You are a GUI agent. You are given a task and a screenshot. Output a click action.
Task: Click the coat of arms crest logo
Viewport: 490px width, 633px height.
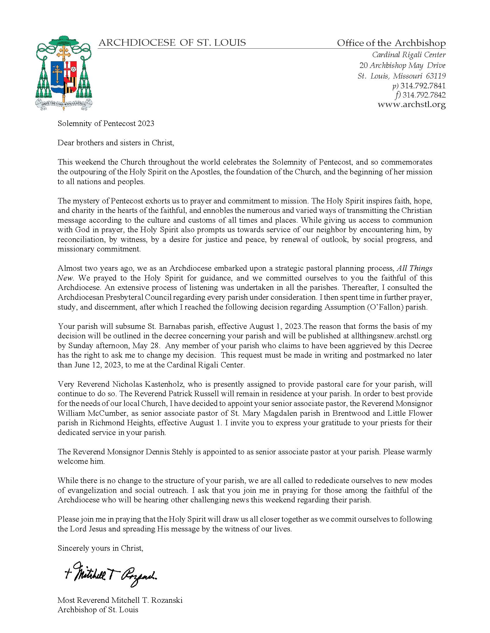click(64, 73)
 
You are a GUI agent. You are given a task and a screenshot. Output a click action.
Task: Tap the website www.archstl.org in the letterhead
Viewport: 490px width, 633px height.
click(411, 105)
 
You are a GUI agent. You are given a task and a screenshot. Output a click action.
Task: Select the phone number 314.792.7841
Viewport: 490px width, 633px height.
click(423, 86)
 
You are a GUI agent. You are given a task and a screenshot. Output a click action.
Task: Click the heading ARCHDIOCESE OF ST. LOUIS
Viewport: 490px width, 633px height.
click(172, 43)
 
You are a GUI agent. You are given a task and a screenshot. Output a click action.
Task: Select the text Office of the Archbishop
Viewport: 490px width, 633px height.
click(391, 43)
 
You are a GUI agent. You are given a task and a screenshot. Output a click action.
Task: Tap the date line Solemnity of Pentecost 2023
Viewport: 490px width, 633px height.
click(106, 123)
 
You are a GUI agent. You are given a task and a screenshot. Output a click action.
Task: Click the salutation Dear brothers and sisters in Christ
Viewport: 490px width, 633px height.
click(116, 143)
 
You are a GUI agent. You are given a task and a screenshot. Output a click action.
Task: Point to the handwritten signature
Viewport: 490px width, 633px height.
click(110, 576)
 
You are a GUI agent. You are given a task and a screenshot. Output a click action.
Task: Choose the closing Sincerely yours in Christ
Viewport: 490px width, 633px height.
click(100, 548)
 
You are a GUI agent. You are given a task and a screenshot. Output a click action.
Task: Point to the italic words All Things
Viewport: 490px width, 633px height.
click(414, 268)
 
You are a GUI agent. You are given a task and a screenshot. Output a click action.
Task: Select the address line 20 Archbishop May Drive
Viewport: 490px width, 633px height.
click(402, 66)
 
